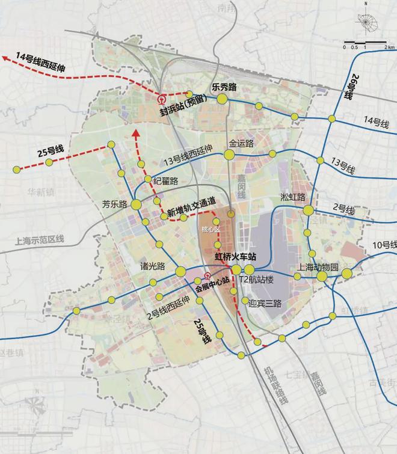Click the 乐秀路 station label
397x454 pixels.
(224, 87)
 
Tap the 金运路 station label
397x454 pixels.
(241, 144)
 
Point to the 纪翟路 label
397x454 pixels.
(165, 180)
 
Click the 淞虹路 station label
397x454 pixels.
(294, 197)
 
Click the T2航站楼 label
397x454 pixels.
(257, 280)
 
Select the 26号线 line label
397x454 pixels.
(349, 90)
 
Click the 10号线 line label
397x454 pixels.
(384, 245)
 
